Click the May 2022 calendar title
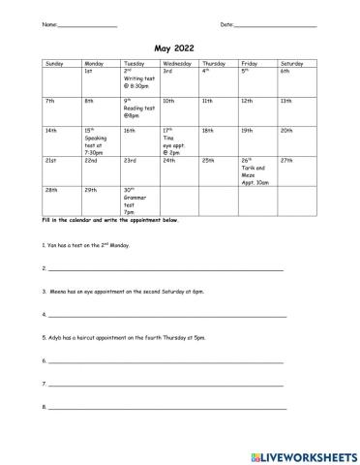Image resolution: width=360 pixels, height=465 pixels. [x=179, y=45]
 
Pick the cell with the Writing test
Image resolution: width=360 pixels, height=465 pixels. [x=139, y=79]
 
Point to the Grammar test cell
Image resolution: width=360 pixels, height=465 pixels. [x=139, y=200]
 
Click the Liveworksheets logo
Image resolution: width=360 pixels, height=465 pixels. [x=302, y=452]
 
